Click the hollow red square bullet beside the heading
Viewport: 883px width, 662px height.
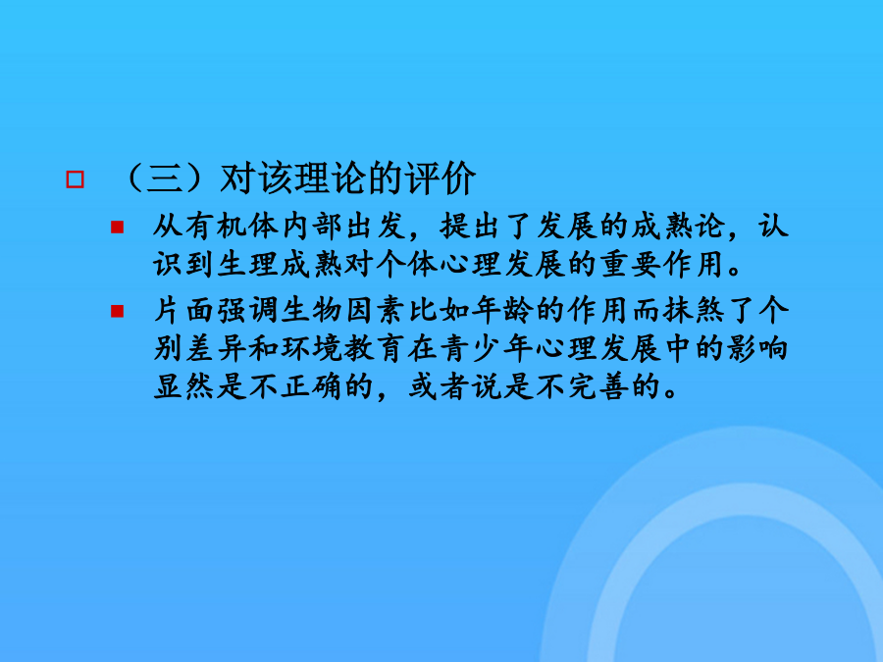pyautogui.click(x=75, y=179)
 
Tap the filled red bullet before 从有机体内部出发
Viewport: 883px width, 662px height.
pyautogui.click(x=117, y=227)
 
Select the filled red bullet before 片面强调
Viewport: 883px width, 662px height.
pyautogui.click(x=117, y=311)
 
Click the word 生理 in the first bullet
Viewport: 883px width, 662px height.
pyautogui.click(x=248, y=264)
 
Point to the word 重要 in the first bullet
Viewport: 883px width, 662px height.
pyautogui.click(x=630, y=264)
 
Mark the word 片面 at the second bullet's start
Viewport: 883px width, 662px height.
pyautogui.click(x=184, y=311)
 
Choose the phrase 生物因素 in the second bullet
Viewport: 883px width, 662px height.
pyautogui.click(x=343, y=311)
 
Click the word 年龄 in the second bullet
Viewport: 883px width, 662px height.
pyautogui.click(x=502, y=311)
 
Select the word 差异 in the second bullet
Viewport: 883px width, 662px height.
pyautogui.click(x=216, y=349)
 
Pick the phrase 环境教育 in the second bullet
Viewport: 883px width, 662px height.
pyautogui.click(x=343, y=349)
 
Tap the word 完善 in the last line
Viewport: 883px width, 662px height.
pyautogui.click(x=598, y=386)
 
